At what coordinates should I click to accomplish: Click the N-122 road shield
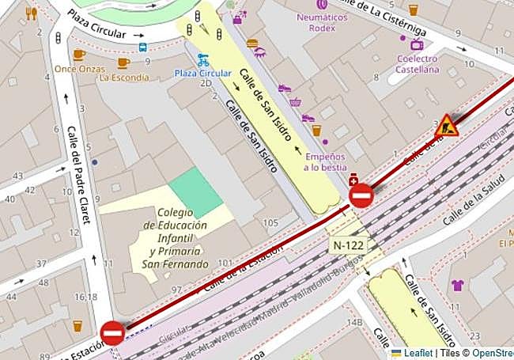point(349,245)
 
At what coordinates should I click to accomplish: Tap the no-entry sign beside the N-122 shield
point(361,195)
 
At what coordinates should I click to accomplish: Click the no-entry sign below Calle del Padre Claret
point(111,333)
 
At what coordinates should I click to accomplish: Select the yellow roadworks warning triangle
point(447,126)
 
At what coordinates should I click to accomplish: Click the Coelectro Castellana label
point(418,64)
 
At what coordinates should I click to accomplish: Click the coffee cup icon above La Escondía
point(123,63)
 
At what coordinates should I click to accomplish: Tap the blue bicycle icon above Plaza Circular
point(203,59)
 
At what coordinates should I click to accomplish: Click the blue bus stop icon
point(143,47)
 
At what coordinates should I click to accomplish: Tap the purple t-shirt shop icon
point(457,285)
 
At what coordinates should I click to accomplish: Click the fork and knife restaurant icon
point(31,13)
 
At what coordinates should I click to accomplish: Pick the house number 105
point(270,223)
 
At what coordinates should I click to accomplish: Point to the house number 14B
point(355,323)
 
